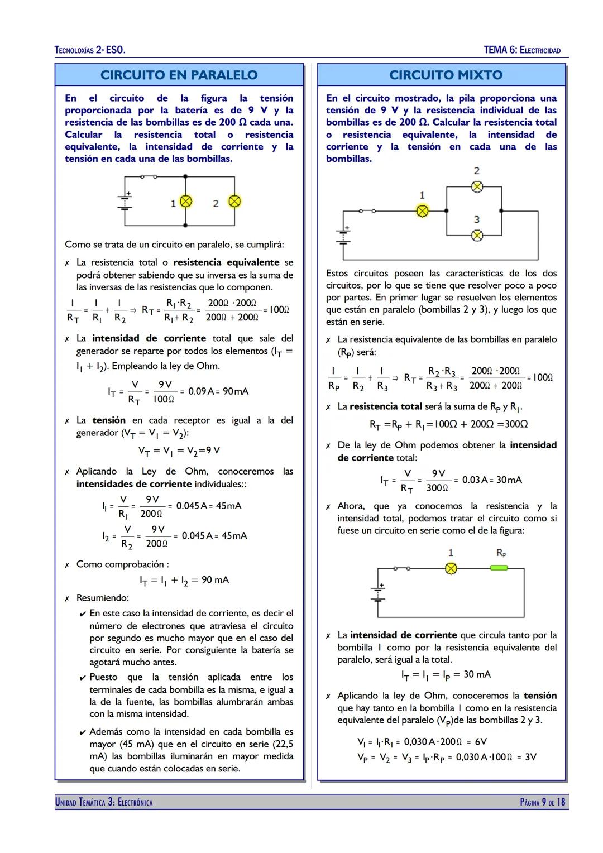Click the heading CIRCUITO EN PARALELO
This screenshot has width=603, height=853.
point(179,75)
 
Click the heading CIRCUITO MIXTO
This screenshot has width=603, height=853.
point(446,75)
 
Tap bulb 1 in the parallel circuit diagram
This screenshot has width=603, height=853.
point(185,202)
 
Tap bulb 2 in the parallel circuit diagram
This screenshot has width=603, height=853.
point(234,202)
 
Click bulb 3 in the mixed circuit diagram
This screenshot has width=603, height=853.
point(477,236)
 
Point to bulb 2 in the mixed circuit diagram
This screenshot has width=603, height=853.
point(477,187)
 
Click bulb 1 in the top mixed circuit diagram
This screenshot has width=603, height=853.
point(423,211)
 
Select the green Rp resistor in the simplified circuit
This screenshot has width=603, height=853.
point(499,568)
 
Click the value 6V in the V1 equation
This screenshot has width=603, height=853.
point(480,741)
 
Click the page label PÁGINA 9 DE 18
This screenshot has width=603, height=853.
point(542,802)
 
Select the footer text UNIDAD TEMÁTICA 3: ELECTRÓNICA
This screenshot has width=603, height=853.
point(104,802)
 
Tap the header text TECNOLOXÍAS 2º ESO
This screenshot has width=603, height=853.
point(90,50)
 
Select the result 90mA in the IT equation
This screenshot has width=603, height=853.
point(236,391)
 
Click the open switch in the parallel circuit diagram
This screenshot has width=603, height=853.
point(149,176)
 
